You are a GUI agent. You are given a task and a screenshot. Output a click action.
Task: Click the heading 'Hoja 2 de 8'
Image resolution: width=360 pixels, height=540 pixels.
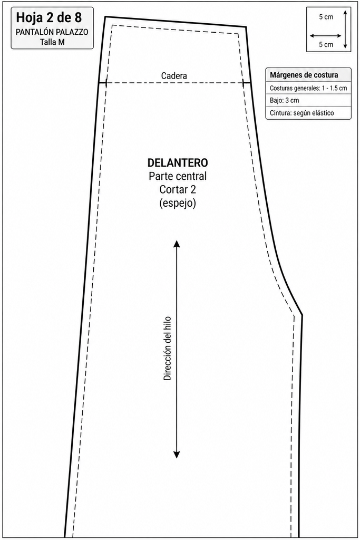[x=49, y=17]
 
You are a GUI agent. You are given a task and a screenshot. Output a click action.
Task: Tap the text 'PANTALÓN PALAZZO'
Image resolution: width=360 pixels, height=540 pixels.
[x=52, y=32]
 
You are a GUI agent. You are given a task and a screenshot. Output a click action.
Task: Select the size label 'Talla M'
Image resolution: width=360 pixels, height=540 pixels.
[x=52, y=42]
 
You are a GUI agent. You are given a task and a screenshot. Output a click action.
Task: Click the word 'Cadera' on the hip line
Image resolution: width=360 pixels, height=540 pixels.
[x=174, y=76]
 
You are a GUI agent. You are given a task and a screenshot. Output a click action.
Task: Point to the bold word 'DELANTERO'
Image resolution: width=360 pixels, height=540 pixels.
[x=178, y=162]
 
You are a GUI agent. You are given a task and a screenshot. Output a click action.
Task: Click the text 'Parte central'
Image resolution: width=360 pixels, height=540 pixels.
[x=178, y=176]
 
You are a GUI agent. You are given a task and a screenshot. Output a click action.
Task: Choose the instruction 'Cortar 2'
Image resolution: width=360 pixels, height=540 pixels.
[x=178, y=189]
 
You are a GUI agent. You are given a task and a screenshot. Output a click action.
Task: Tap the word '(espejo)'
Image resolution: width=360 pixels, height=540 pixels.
[x=178, y=203]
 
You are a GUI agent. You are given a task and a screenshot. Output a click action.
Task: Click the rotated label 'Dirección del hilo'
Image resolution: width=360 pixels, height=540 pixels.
[x=167, y=348]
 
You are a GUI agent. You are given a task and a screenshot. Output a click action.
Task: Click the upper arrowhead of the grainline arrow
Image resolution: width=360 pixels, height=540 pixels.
[x=177, y=243]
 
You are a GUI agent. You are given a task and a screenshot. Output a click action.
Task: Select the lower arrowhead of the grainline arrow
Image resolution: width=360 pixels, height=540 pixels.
[x=177, y=455]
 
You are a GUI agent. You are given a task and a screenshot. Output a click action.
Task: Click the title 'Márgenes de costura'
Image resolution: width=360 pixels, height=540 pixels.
[x=304, y=75]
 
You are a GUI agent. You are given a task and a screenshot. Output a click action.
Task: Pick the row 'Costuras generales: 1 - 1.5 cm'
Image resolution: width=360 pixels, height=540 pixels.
[x=308, y=88]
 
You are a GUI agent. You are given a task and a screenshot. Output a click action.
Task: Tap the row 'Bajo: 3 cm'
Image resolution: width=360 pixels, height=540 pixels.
[x=284, y=101]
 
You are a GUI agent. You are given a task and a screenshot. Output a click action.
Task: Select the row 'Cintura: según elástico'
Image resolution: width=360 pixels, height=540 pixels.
[x=302, y=113]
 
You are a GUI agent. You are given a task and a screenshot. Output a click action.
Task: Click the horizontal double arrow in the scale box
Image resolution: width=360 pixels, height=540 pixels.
[x=326, y=35]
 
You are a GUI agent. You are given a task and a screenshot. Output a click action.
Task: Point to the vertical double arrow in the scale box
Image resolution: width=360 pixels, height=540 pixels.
[x=345, y=29]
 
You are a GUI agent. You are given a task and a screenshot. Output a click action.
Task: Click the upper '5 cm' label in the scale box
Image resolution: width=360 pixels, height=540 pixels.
[x=326, y=17]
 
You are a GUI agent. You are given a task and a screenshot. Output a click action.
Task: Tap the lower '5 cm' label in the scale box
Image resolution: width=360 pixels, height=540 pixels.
[x=326, y=44]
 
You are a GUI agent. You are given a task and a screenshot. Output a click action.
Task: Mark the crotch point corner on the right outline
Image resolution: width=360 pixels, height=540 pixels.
[x=302, y=315]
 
